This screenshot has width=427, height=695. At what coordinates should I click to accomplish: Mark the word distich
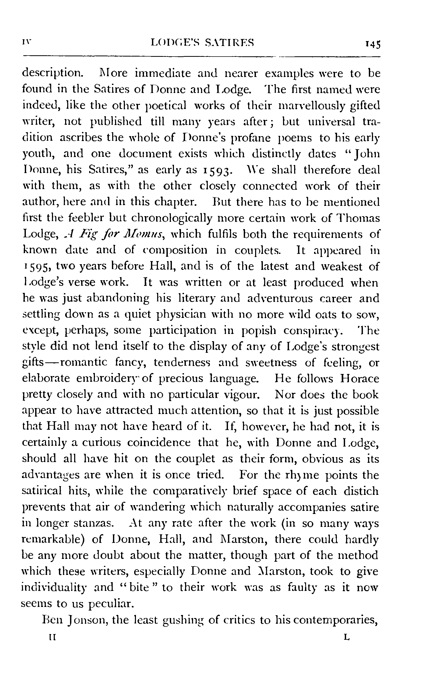click(x=361, y=491)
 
